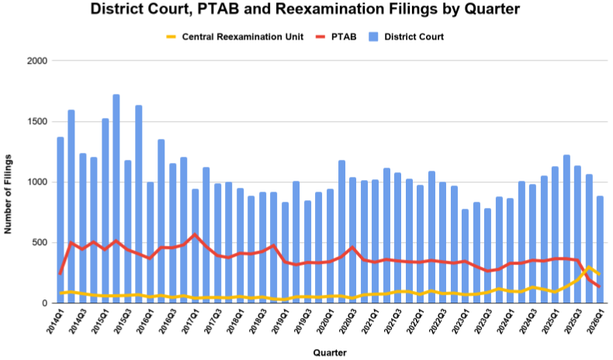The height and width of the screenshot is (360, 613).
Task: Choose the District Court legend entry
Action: [412, 36]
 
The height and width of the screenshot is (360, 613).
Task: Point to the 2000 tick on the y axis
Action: [37, 61]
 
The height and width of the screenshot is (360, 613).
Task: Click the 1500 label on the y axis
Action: [37, 122]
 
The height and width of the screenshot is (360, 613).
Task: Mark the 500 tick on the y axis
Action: [40, 243]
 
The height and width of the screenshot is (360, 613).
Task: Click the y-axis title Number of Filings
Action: [10, 182]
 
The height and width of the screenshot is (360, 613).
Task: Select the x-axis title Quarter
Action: [329, 352]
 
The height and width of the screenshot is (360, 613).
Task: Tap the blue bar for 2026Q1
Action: [599, 248]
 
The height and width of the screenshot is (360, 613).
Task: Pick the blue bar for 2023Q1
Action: [464, 256]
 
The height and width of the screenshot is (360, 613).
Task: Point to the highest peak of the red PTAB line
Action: [195, 234]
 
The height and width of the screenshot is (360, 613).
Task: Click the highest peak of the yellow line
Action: [588, 267]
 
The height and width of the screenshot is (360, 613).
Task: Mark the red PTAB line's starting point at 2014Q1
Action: [61, 274]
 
